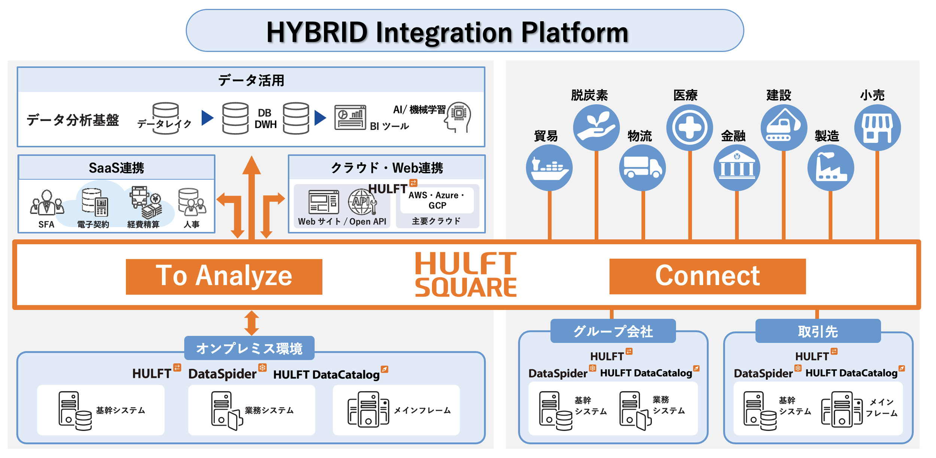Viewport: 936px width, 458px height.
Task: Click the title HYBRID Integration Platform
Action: coord(447,32)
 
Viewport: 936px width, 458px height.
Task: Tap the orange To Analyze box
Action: coord(224,277)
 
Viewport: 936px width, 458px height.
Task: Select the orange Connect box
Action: coord(707,276)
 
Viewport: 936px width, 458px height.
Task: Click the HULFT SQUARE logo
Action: coord(466,274)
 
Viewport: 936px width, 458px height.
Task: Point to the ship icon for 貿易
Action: coord(549,168)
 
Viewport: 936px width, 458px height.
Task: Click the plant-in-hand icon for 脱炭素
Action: coord(596,128)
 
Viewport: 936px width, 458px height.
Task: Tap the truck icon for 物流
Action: coord(642,168)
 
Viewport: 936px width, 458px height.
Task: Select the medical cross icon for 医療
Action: coord(689,128)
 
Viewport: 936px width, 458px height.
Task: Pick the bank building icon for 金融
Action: coord(736,168)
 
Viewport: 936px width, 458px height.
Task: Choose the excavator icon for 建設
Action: coord(784,128)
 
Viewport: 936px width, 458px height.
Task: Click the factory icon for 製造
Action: coord(830,168)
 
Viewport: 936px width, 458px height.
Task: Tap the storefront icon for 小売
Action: coord(877,128)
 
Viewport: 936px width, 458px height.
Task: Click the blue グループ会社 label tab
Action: coord(613,331)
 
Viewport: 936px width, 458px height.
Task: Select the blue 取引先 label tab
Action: coord(818,331)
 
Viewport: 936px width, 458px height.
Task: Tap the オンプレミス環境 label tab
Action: coord(249,348)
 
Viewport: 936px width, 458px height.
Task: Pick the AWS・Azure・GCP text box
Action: coord(437,200)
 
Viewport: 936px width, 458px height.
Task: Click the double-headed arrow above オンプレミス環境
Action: coord(252,323)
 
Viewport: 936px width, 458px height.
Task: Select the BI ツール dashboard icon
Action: coord(350,117)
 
